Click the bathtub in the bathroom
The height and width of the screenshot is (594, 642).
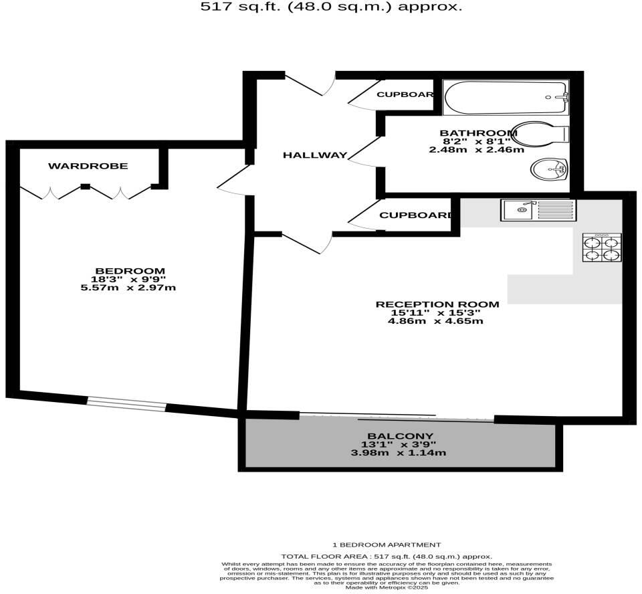(506, 98)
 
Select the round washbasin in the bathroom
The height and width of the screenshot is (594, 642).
(548, 170)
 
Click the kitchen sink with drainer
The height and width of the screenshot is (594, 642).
(538, 210)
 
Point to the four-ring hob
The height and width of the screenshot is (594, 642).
(602, 247)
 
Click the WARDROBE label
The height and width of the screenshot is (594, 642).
(88, 166)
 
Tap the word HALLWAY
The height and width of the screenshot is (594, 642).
(315, 155)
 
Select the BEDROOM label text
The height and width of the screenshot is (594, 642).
(130, 270)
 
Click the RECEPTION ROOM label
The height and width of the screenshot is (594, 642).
(437, 304)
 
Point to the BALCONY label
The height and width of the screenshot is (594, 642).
(399, 436)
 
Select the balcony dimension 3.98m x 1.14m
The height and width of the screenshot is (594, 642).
(399, 453)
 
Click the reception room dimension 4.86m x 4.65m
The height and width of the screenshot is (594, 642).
(435, 321)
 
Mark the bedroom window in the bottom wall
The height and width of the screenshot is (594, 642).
(126, 403)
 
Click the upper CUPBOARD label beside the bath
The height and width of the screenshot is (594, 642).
(405, 94)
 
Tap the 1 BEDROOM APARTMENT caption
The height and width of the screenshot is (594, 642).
(387, 544)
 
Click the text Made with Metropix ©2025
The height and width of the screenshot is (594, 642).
(387, 587)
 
